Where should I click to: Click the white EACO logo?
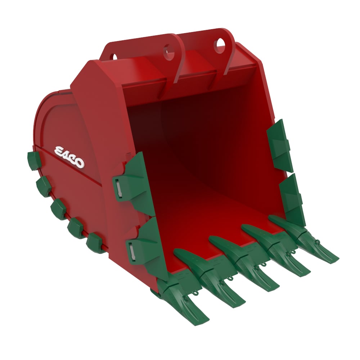pyautogui.click(x=69, y=157)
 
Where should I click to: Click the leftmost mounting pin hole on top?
pyautogui.click(x=114, y=57)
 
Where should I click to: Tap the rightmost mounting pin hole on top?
pyautogui.click(x=220, y=44)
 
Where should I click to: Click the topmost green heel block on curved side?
pyautogui.click(x=33, y=161)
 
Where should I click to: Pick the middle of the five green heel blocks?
pyautogui.click(x=58, y=209)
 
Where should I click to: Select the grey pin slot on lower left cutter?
pyautogui.click(x=132, y=251)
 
